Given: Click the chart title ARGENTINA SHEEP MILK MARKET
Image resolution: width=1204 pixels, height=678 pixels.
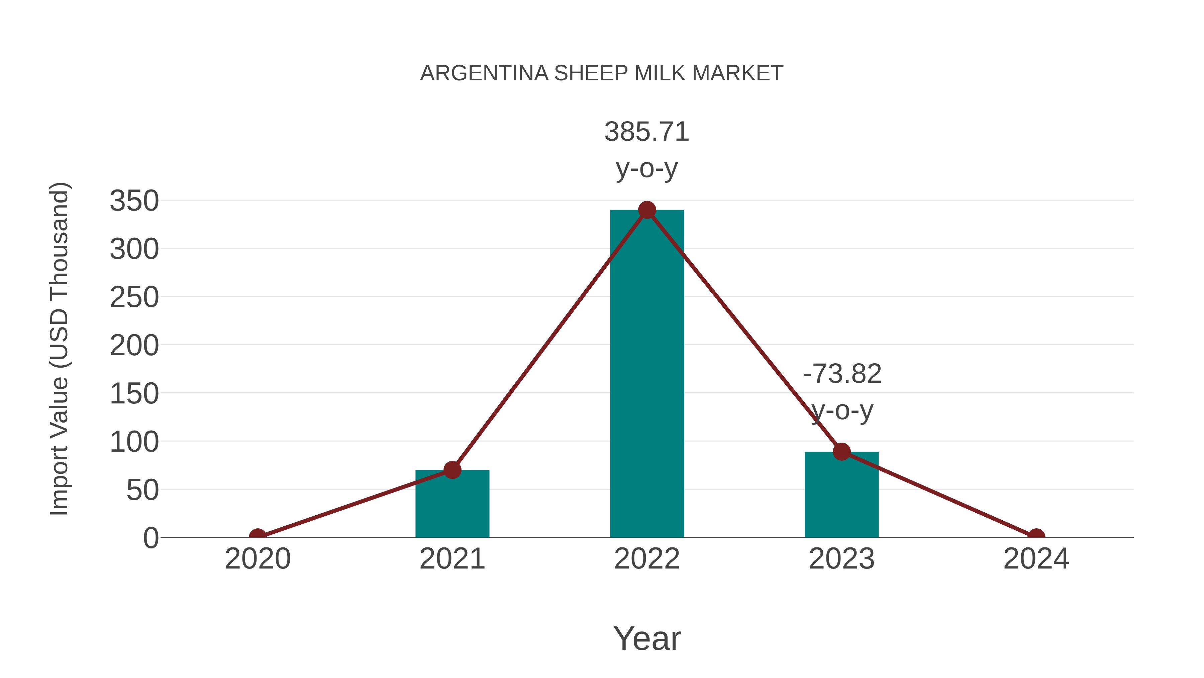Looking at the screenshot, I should tap(602, 73).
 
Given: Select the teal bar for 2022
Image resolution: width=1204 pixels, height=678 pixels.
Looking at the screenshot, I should tap(647, 374).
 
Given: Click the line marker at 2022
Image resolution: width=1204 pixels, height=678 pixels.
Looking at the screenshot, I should tap(647, 210).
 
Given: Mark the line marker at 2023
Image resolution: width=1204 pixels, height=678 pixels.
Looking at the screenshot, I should tap(841, 452).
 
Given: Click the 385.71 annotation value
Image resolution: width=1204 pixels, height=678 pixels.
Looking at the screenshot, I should tap(647, 132).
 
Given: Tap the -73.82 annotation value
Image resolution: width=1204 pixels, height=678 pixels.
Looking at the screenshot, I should tap(842, 374).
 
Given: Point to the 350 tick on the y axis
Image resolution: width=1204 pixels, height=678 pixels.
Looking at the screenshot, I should tap(134, 201).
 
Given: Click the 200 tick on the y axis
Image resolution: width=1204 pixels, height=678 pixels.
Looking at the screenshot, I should tap(134, 346).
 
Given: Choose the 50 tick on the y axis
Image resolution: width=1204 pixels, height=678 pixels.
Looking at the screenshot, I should tap(142, 491).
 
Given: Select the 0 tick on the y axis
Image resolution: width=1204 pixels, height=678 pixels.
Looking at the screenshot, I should tap(151, 538).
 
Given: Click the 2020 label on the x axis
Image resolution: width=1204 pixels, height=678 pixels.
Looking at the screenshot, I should tap(258, 559).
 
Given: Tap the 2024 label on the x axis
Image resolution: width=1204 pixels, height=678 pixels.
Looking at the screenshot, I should tap(1036, 559).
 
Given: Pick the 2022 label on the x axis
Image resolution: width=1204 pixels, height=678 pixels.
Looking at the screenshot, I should tap(647, 559).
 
